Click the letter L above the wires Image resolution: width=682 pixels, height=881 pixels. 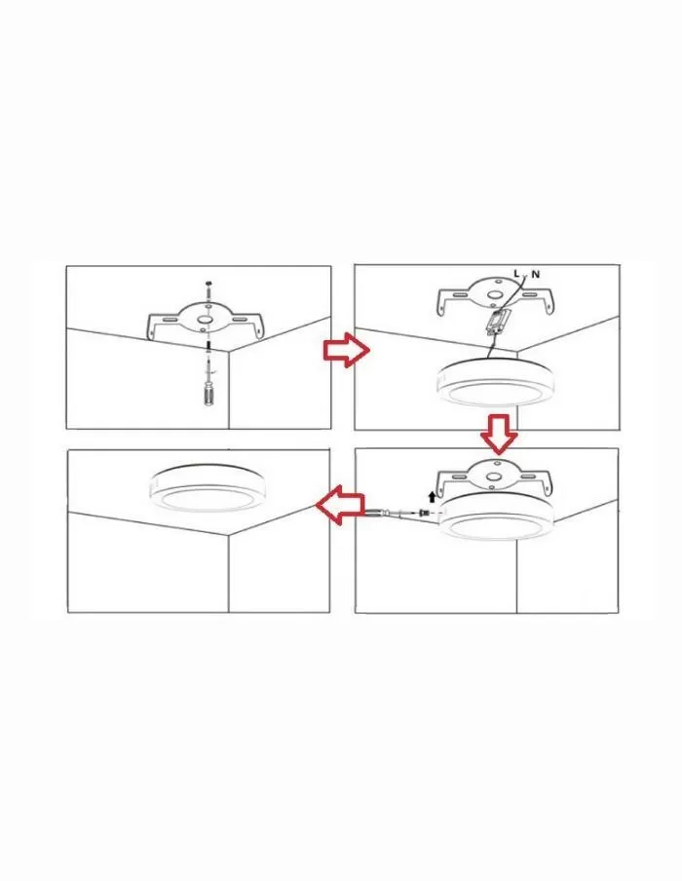[x=516, y=274]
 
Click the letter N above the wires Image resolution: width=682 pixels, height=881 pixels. [x=536, y=274]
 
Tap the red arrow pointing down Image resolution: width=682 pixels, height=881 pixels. [x=499, y=434]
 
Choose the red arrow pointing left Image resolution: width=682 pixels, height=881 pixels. [x=340, y=505]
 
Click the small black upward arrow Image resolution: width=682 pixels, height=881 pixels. [x=432, y=496]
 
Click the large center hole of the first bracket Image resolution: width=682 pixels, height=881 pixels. [x=205, y=320]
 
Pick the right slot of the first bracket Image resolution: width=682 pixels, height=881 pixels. [x=241, y=320]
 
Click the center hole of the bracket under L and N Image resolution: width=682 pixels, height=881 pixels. [x=494, y=294]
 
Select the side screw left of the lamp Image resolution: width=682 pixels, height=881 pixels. [x=424, y=513]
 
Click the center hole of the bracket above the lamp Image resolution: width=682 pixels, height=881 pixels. [x=493, y=477]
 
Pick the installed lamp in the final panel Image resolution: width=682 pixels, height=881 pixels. [x=208, y=487]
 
